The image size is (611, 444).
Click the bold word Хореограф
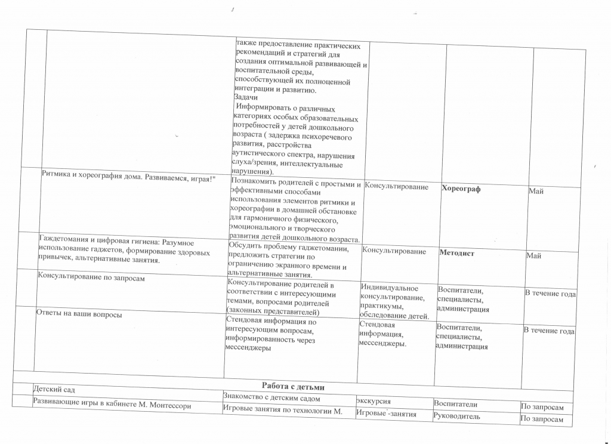coord(461,189)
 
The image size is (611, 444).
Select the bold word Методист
coord(456,253)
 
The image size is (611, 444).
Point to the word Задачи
coord(246,97)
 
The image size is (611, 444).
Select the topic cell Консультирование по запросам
coord(91,277)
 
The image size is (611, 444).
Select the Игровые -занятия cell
coord(385,414)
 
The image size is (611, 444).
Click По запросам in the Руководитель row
coord(542,419)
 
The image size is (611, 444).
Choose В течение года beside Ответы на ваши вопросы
coord(549,331)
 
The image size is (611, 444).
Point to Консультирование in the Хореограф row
coord(396,187)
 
